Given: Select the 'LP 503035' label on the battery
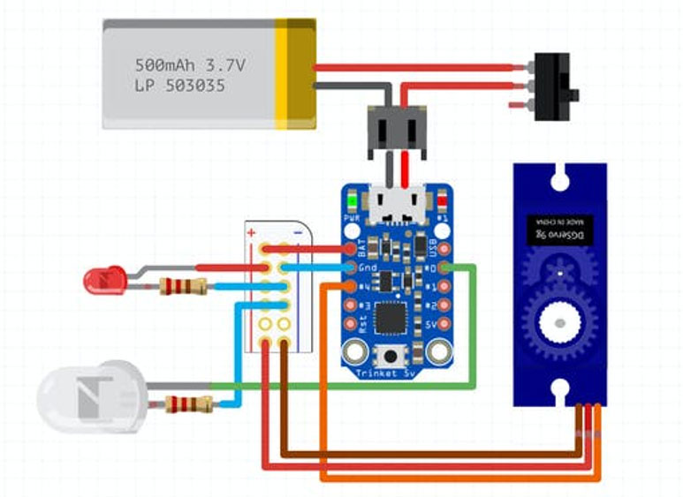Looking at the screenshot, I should coord(179,87).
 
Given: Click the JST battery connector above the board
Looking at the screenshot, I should coord(396,129).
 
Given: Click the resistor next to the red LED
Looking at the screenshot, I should coord(182,286).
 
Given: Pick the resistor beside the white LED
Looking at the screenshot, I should coord(188,405).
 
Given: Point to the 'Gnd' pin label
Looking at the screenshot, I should coord(368,267).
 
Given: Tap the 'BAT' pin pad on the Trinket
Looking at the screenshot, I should coord(352,248).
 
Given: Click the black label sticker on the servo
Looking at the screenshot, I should coord(558,231).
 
